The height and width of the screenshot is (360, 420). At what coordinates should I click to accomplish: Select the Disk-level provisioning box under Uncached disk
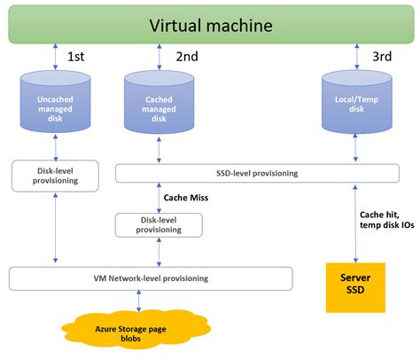(55, 174)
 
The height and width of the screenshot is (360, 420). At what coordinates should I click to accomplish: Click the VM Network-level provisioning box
(151, 278)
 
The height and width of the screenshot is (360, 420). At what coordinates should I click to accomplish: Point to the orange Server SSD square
(355, 286)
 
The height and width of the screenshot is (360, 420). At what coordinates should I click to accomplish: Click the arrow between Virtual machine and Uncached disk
(56, 58)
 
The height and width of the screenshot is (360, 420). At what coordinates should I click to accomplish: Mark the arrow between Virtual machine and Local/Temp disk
(355, 58)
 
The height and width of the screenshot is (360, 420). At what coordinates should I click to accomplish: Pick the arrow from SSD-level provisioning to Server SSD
(355, 222)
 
